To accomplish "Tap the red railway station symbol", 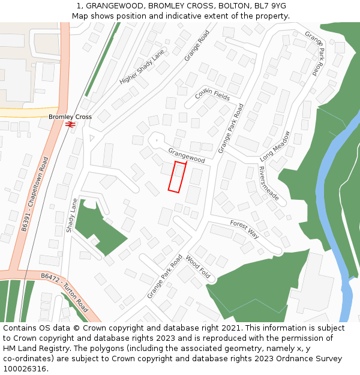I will coord(70,124).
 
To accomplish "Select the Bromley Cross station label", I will coord(70,117).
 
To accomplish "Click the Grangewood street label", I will coord(187,155).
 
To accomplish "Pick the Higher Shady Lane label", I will coord(142,67).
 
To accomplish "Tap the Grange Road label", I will coord(197,46).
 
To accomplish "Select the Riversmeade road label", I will coord(268,183).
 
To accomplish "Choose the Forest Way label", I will coord(244,230).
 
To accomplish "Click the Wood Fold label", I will coord(197,268).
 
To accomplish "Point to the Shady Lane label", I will coord(71,215).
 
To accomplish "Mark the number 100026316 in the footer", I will coord(25,369).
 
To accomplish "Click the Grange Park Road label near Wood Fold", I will coord(164,277).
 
